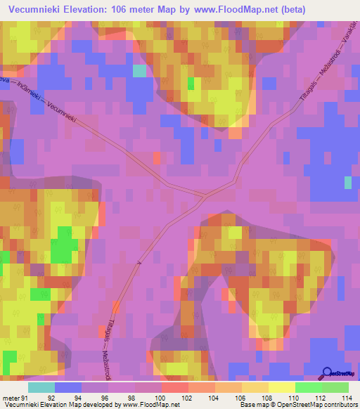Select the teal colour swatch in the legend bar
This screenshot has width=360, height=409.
(41, 387)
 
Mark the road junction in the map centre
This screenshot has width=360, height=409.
(205, 194)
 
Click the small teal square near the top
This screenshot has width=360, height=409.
(139, 70)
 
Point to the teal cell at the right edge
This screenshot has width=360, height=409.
(347, 183)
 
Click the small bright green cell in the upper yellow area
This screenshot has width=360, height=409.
(191, 83)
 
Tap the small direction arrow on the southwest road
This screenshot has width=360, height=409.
(139, 262)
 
